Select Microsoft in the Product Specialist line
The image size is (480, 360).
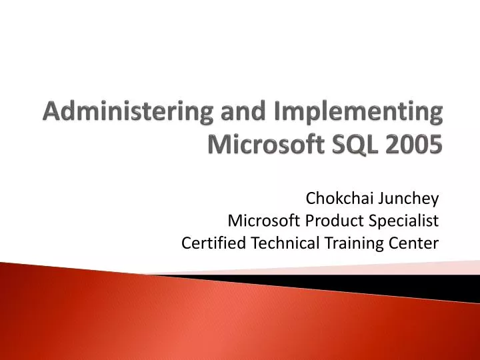click(x=259, y=221)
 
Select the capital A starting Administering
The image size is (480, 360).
click(x=51, y=111)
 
